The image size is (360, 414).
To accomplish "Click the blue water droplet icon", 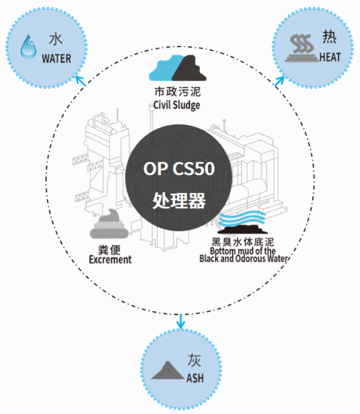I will point(28,46).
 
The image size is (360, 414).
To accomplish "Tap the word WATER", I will point(56,58).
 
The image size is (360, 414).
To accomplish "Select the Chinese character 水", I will point(55,39).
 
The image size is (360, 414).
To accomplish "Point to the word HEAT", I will point(330,57).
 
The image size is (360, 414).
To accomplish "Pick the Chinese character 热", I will point(329,37).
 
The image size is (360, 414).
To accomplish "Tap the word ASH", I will point(195,378).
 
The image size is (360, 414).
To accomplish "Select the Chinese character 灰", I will point(194,360).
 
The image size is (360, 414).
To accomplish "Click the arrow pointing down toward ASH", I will point(180,322).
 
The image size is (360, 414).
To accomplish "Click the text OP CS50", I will point(179,168).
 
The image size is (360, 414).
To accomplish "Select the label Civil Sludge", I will point(177,105).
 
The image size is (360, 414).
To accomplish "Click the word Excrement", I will point(110,259).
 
